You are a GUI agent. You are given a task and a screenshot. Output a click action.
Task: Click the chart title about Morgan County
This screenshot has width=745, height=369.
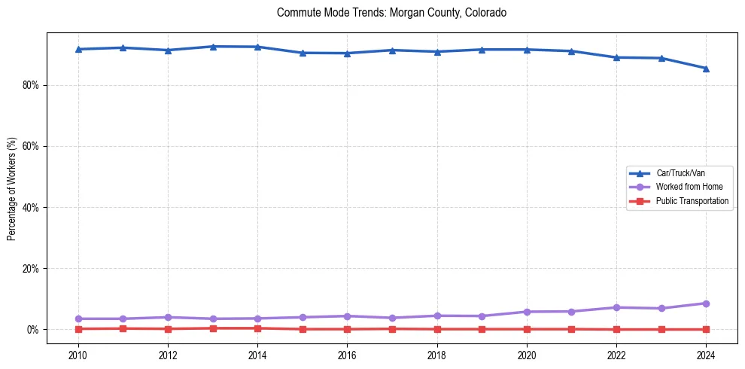[391, 13]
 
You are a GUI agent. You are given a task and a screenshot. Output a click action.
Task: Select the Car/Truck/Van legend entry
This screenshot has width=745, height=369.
[680, 173]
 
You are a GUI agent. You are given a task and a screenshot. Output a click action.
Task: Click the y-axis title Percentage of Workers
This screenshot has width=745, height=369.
[12, 188]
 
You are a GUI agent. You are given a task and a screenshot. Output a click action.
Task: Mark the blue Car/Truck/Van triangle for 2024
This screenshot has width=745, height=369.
[706, 69]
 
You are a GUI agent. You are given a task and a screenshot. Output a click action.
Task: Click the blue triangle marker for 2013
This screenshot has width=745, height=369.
[213, 47]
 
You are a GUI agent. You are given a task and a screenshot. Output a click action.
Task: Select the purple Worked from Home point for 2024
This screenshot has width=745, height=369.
[706, 303]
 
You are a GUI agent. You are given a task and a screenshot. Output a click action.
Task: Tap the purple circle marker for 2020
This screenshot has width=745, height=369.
[527, 312]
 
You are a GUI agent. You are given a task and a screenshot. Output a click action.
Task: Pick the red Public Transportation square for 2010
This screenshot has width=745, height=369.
[78, 328]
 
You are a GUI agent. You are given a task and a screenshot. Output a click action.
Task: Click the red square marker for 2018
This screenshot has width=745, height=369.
[437, 329]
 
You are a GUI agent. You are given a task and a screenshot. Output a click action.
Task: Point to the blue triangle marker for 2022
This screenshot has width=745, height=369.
[616, 57]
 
